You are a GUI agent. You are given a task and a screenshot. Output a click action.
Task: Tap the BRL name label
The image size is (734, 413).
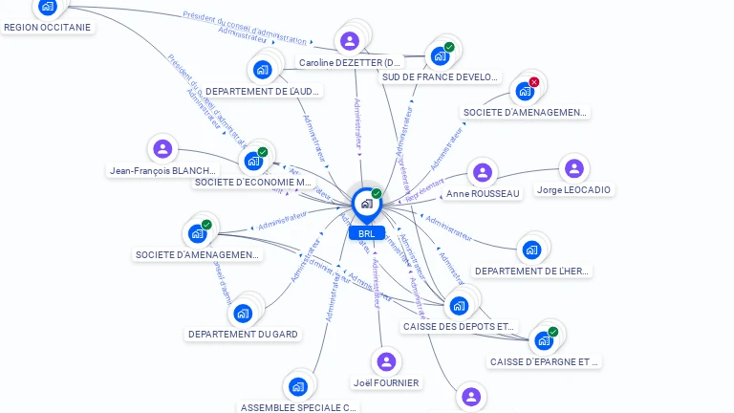tap(366, 233)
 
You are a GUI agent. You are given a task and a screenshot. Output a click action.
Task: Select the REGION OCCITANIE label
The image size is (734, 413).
tap(48, 28)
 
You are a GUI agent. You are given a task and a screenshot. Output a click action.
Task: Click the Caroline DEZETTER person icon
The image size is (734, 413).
tap(350, 41)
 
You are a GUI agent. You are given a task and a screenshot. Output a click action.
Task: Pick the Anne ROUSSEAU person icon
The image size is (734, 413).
tap(483, 173)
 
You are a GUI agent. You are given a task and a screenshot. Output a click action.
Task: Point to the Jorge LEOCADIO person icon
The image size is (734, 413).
tap(573, 169)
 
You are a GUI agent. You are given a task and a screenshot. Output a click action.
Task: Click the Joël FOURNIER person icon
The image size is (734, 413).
tap(386, 361)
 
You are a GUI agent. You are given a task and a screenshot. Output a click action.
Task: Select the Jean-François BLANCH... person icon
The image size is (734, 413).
tap(162, 149)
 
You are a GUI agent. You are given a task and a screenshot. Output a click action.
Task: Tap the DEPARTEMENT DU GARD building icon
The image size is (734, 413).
tap(243, 313)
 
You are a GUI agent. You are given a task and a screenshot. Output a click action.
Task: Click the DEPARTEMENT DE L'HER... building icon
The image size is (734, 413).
tap(531, 250)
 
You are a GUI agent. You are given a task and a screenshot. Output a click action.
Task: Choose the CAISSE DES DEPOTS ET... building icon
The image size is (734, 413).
tap(459, 306)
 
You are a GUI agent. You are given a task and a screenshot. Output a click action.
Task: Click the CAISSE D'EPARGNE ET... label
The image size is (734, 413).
tap(545, 361)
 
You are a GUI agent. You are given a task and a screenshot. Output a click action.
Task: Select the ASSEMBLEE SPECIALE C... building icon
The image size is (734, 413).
tap(297, 387)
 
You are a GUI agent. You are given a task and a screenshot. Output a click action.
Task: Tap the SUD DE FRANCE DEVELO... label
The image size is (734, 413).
tap(441, 77)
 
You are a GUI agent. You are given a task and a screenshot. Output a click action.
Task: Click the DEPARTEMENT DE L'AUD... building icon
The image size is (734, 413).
tap(263, 70)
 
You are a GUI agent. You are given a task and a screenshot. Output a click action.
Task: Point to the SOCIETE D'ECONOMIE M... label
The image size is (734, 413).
tap(253, 182)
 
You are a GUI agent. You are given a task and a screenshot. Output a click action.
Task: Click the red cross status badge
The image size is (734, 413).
tap(534, 82)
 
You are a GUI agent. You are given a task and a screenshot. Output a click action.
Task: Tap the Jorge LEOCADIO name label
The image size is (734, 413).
tap(573, 190)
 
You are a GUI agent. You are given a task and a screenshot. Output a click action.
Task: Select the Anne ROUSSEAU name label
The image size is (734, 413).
tap(483, 194)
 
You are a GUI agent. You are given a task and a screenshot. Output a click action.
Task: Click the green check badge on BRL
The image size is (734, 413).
tap(377, 194)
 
